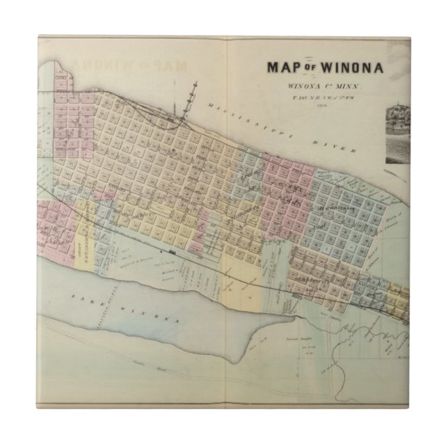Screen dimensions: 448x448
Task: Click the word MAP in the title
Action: (282, 67)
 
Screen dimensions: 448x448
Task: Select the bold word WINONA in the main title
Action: (346, 67)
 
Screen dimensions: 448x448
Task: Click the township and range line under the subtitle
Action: (322, 97)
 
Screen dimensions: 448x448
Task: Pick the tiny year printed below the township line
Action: (322, 105)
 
